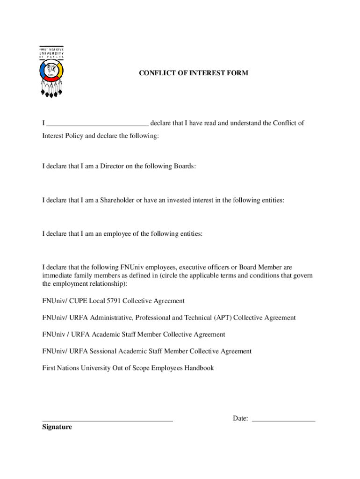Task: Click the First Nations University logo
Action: [51, 72]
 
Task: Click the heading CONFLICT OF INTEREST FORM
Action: [194, 73]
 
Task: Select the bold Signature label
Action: [57, 427]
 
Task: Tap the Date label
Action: [240, 418]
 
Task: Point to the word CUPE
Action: [79, 301]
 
